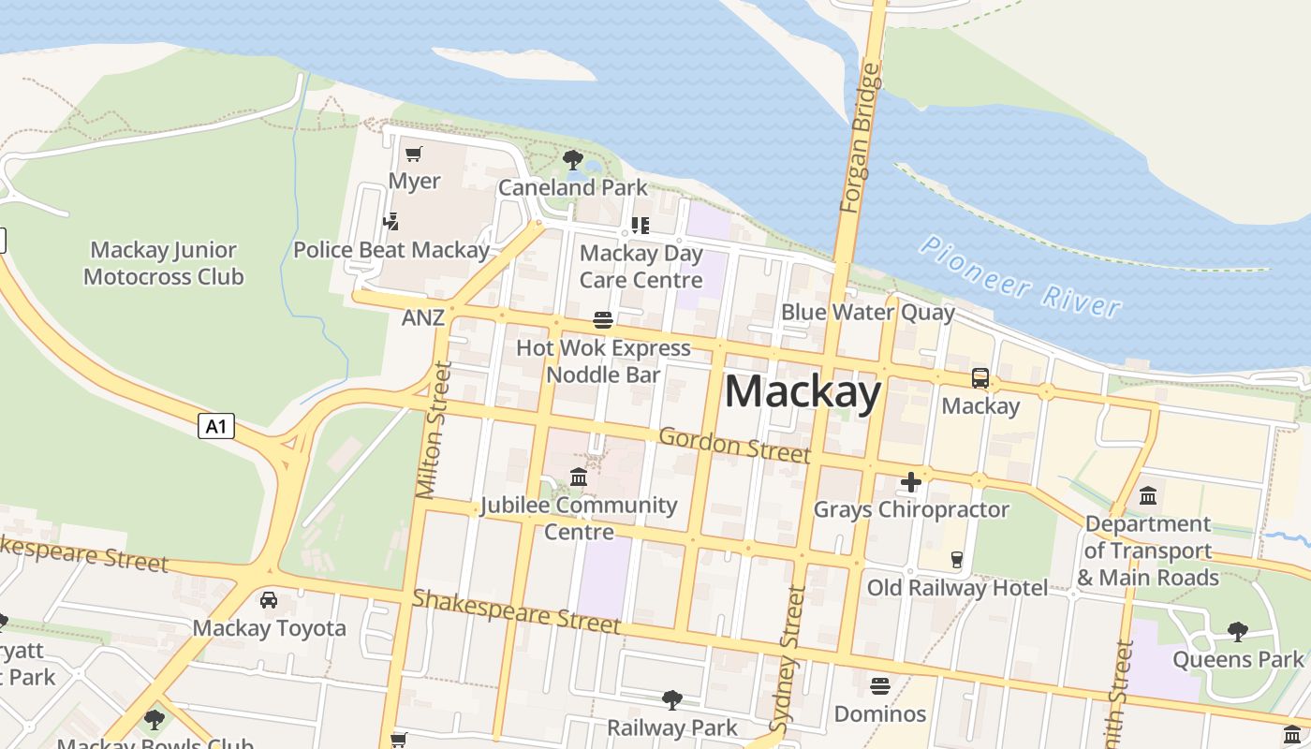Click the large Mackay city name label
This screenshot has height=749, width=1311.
(803, 391)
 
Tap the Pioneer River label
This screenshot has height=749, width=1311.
(1020, 276)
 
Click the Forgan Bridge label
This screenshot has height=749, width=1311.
(861, 138)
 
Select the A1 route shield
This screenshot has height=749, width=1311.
(216, 427)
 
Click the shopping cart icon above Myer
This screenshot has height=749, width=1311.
(414, 154)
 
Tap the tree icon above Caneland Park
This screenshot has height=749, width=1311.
(573, 160)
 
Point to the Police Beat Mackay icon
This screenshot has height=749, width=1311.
(391, 222)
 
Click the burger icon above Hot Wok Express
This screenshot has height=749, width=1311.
(603, 321)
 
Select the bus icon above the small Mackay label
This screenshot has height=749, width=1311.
(980, 378)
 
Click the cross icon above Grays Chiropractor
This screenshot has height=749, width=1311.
(910, 482)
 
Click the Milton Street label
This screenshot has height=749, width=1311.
(434, 430)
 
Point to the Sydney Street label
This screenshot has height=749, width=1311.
(788, 658)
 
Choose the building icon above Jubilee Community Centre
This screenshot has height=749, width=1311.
(579, 477)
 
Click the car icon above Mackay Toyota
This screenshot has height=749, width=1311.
(269, 599)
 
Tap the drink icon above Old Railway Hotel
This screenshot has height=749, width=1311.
(956, 560)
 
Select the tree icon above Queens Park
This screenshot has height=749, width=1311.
(1238, 632)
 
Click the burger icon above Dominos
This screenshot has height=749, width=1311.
(879, 686)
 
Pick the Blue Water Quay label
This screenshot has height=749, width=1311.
(867, 312)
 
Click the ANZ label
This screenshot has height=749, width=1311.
(422, 317)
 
